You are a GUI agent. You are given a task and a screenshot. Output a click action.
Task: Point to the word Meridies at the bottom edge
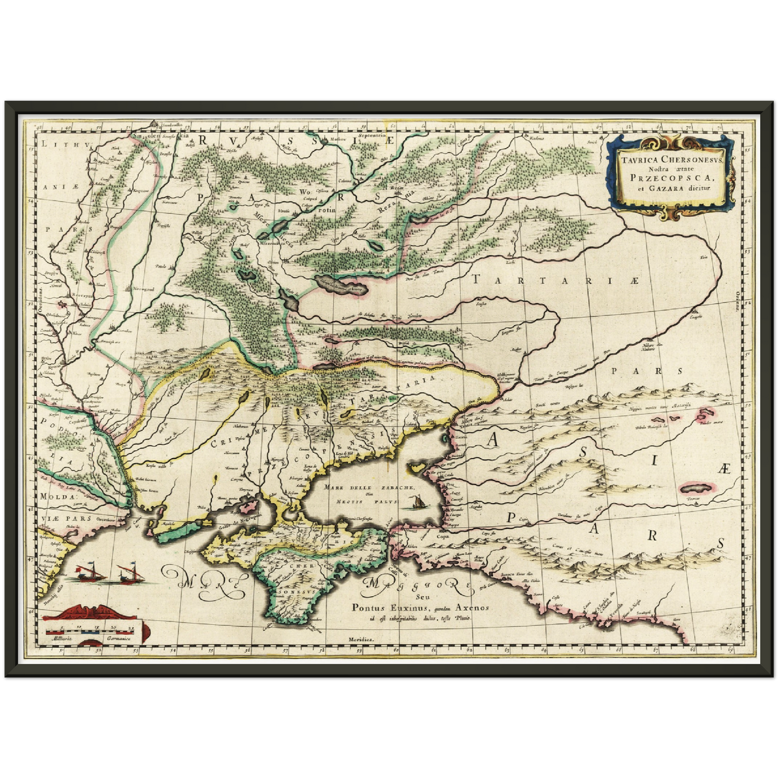pos(361,638)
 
